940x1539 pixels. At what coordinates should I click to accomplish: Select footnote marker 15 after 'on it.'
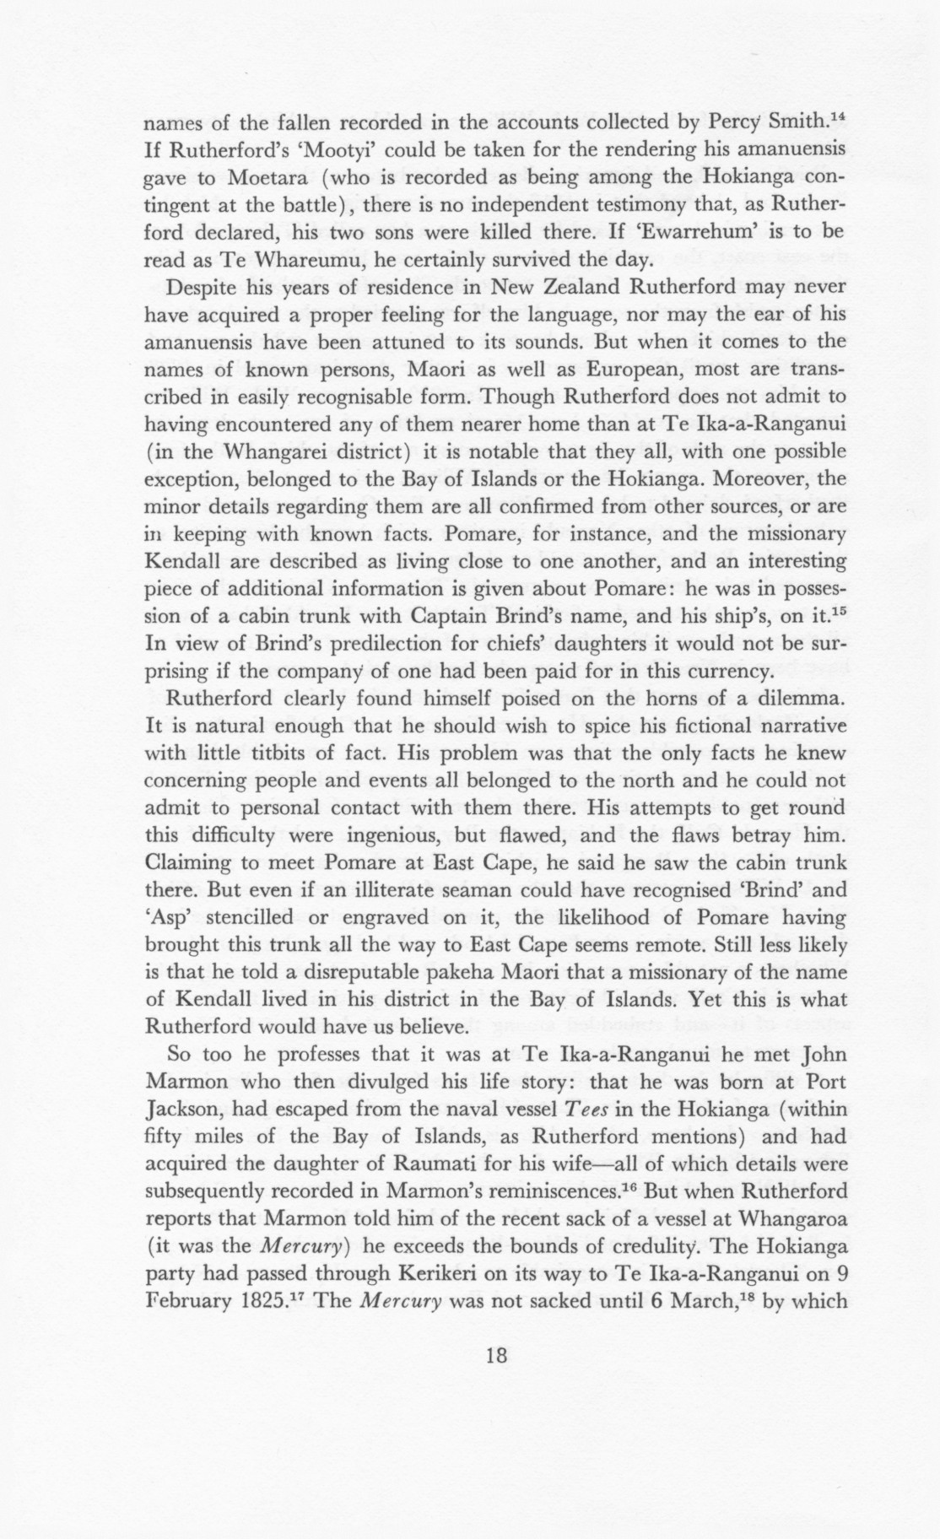coord(835,611)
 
